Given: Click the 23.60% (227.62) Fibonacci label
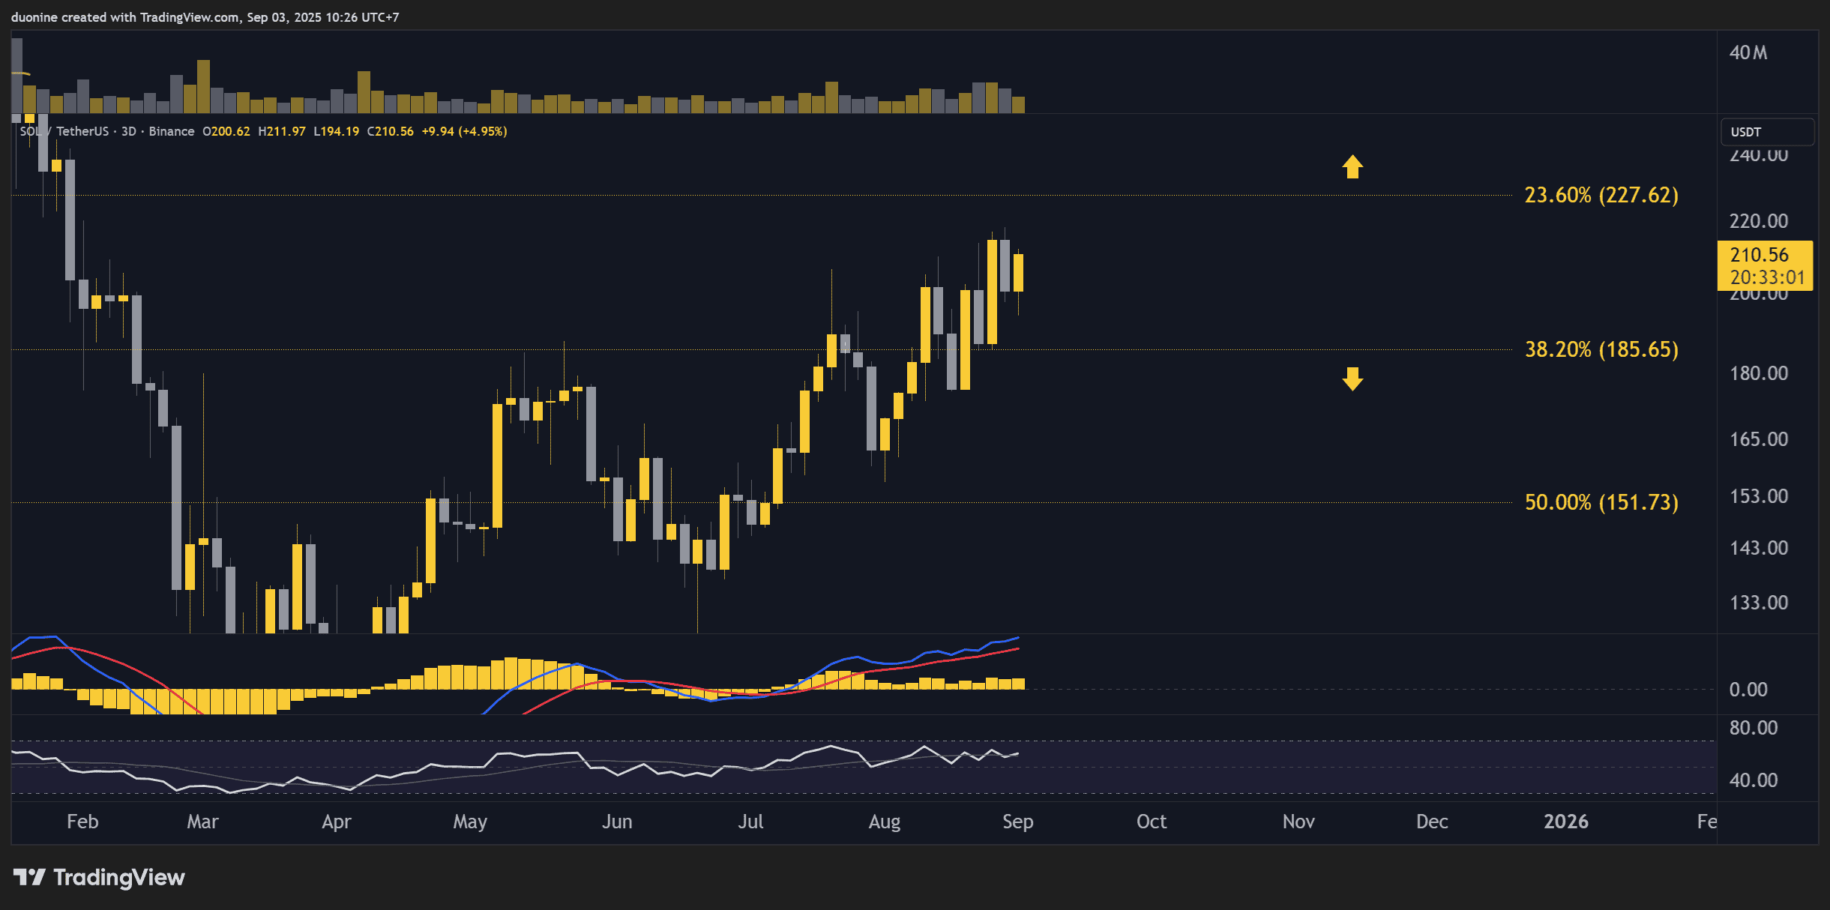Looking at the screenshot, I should click(x=1601, y=196).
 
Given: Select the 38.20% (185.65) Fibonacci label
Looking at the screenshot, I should click(x=1601, y=350).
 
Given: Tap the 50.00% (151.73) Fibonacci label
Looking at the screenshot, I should click(x=1601, y=502).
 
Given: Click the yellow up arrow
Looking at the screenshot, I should click(x=1352, y=166).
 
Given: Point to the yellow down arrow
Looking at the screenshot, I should click(x=1352, y=379).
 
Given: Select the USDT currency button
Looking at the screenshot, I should click(x=1766, y=132).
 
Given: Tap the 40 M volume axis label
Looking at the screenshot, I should click(x=1748, y=52).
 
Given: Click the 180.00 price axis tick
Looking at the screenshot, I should click(x=1758, y=373).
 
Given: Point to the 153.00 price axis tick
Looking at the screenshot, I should click(x=1758, y=496).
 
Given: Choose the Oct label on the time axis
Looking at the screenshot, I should click(x=1151, y=822).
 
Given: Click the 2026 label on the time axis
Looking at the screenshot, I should click(x=1565, y=822).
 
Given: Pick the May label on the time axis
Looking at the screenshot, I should click(x=470, y=822).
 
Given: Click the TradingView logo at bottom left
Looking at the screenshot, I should click(x=99, y=877).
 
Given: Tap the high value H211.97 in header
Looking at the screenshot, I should click(x=281, y=131).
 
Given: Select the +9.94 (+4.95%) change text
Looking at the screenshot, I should click(x=464, y=131).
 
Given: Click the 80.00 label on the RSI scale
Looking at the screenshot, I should click(x=1753, y=728).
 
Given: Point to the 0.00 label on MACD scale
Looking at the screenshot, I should click(x=1748, y=690).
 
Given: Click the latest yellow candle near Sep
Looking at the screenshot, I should click(x=1018, y=272).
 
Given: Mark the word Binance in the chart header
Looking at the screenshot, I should click(x=171, y=131).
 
